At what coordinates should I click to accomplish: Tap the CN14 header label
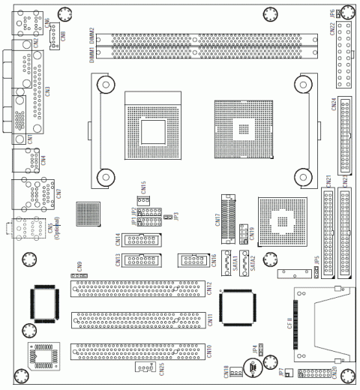pos(119,239)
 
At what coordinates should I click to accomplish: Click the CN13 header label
pos(119,260)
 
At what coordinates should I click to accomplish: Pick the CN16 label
pos(214,260)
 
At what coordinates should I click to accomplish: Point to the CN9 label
pos(79,266)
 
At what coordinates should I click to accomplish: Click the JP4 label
pos(256,349)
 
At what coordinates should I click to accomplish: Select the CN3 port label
pos(48,90)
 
